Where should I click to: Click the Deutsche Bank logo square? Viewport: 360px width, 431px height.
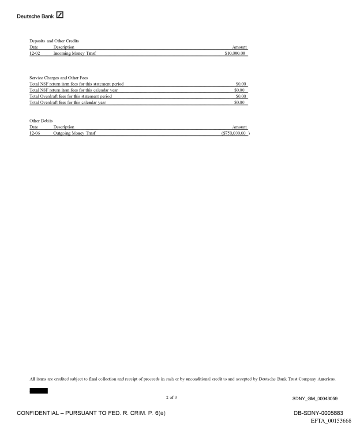pos(60,15)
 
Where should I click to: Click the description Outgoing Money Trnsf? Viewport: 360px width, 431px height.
pos(72,133)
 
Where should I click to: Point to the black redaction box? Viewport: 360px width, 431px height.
pos(39,391)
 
